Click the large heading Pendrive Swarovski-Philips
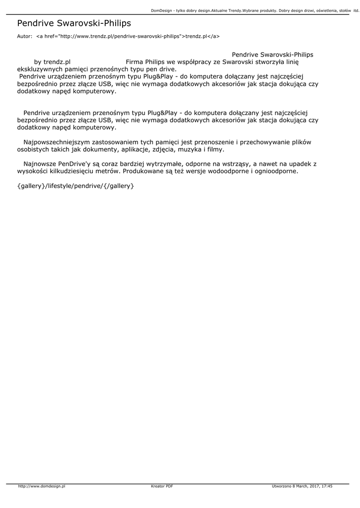tap(74, 23)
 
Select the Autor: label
tap(24, 36)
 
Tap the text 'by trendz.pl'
tap(52, 62)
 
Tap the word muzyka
tap(187, 149)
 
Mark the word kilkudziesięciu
tap(79, 171)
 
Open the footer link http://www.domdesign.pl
tap(42, 487)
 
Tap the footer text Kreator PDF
tap(162, 487)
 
